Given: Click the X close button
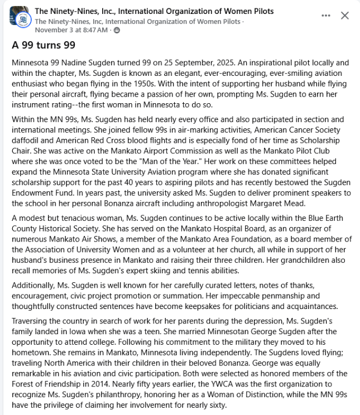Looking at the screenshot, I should (345, 16).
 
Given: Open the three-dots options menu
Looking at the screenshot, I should (326, 16).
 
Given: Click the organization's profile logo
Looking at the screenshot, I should (19, 16).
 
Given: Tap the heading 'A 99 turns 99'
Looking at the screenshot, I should (44, 45).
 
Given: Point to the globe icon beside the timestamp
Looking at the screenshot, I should (117, 30).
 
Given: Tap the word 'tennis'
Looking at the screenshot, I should (182, 271).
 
